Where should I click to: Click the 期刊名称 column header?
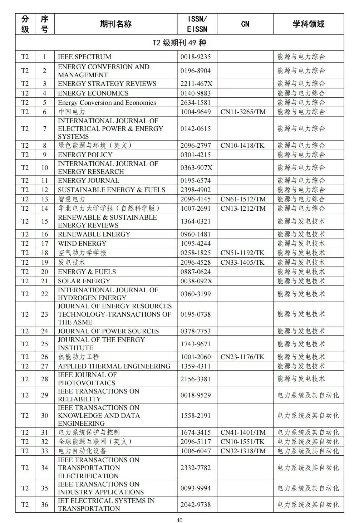(x=115, y=24)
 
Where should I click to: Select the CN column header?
(x=245, y=24)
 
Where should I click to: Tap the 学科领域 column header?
(x=308, y=24)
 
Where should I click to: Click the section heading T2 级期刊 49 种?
(x=179, y=43)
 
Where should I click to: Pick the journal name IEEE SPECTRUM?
(x=84, y=57)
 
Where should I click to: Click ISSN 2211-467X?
(x=196, y=83)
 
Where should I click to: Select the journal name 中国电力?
(x=72, y=112)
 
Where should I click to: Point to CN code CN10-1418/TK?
(x=242, y=145)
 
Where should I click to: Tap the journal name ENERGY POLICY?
(x=85, y=155)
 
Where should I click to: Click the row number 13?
(x=44, y=199)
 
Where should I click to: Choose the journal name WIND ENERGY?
(x=82, y=243)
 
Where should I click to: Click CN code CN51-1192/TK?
(x=242, y=253)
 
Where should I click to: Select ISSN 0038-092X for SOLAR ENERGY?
(x=196, y=281)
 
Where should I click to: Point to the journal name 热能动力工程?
(x=78, y=357)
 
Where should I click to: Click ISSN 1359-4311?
(x=196, y=366)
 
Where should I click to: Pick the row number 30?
(x=44, y=415)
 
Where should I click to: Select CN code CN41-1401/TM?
(x=243, y=432)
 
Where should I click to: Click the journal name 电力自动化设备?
(x=82, y=451)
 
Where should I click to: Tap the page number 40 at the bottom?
(x=179, y=520)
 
